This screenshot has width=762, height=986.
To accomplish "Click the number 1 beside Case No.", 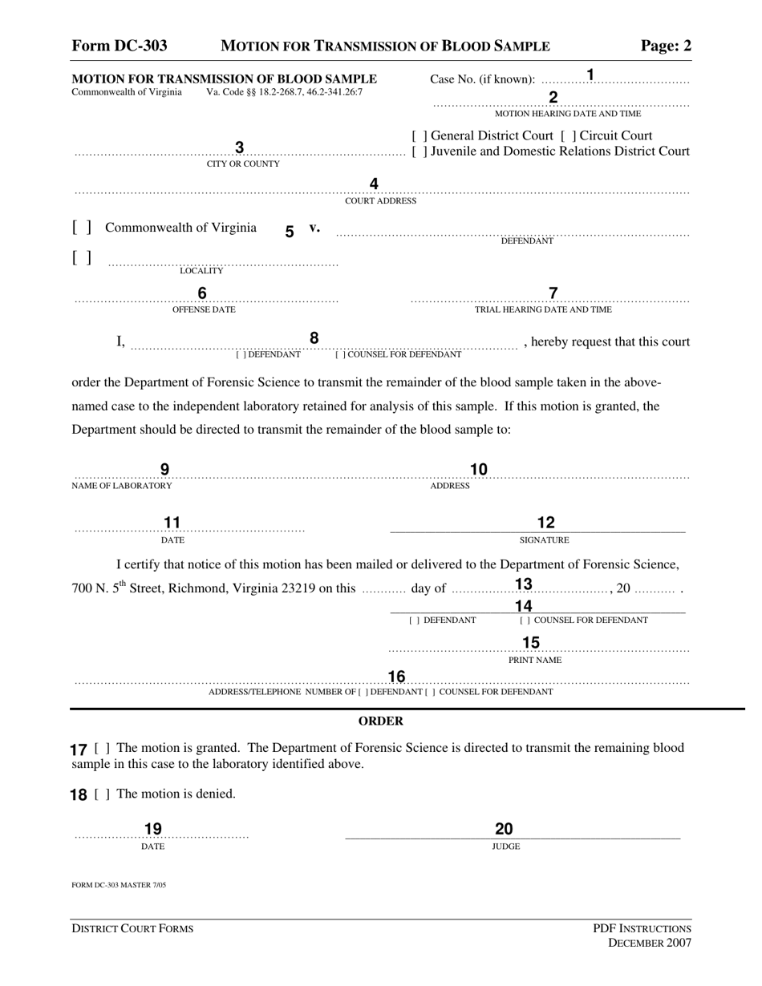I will [x=590, y=75].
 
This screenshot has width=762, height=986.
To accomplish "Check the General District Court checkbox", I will [x=419, y=135].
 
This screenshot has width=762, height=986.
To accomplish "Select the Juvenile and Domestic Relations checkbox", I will [x=419, y=151].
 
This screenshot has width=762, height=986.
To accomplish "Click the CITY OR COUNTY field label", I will [x=243, y=164].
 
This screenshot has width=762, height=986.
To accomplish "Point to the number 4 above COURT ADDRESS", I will [x=374, y=184].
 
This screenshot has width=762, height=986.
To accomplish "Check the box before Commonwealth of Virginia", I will [x=82, y=228].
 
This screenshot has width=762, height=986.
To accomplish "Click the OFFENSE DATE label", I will [x=204, y=309].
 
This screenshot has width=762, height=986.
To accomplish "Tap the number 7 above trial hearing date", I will [x=553, y=293].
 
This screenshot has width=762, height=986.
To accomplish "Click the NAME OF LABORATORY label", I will [x=122, y=486].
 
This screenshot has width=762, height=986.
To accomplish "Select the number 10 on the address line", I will [x=479, y=470].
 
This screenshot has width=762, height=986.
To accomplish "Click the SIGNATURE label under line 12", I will [x=544, y=540].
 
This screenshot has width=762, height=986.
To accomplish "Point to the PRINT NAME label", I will [x=535, y=660].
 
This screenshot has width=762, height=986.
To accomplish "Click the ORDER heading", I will [x=381, y=721].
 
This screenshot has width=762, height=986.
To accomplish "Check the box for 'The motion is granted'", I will [x=103, y=748].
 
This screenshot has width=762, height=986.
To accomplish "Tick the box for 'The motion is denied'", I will [x=103, y=794].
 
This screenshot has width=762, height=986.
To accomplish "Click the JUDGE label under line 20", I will [x=506, y=847].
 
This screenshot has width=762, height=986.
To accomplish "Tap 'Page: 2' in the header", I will [x=666, y=46].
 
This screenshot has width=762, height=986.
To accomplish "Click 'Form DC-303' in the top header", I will [x=120, y=46].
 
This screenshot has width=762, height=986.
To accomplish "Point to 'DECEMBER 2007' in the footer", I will [x=650, y=943].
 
